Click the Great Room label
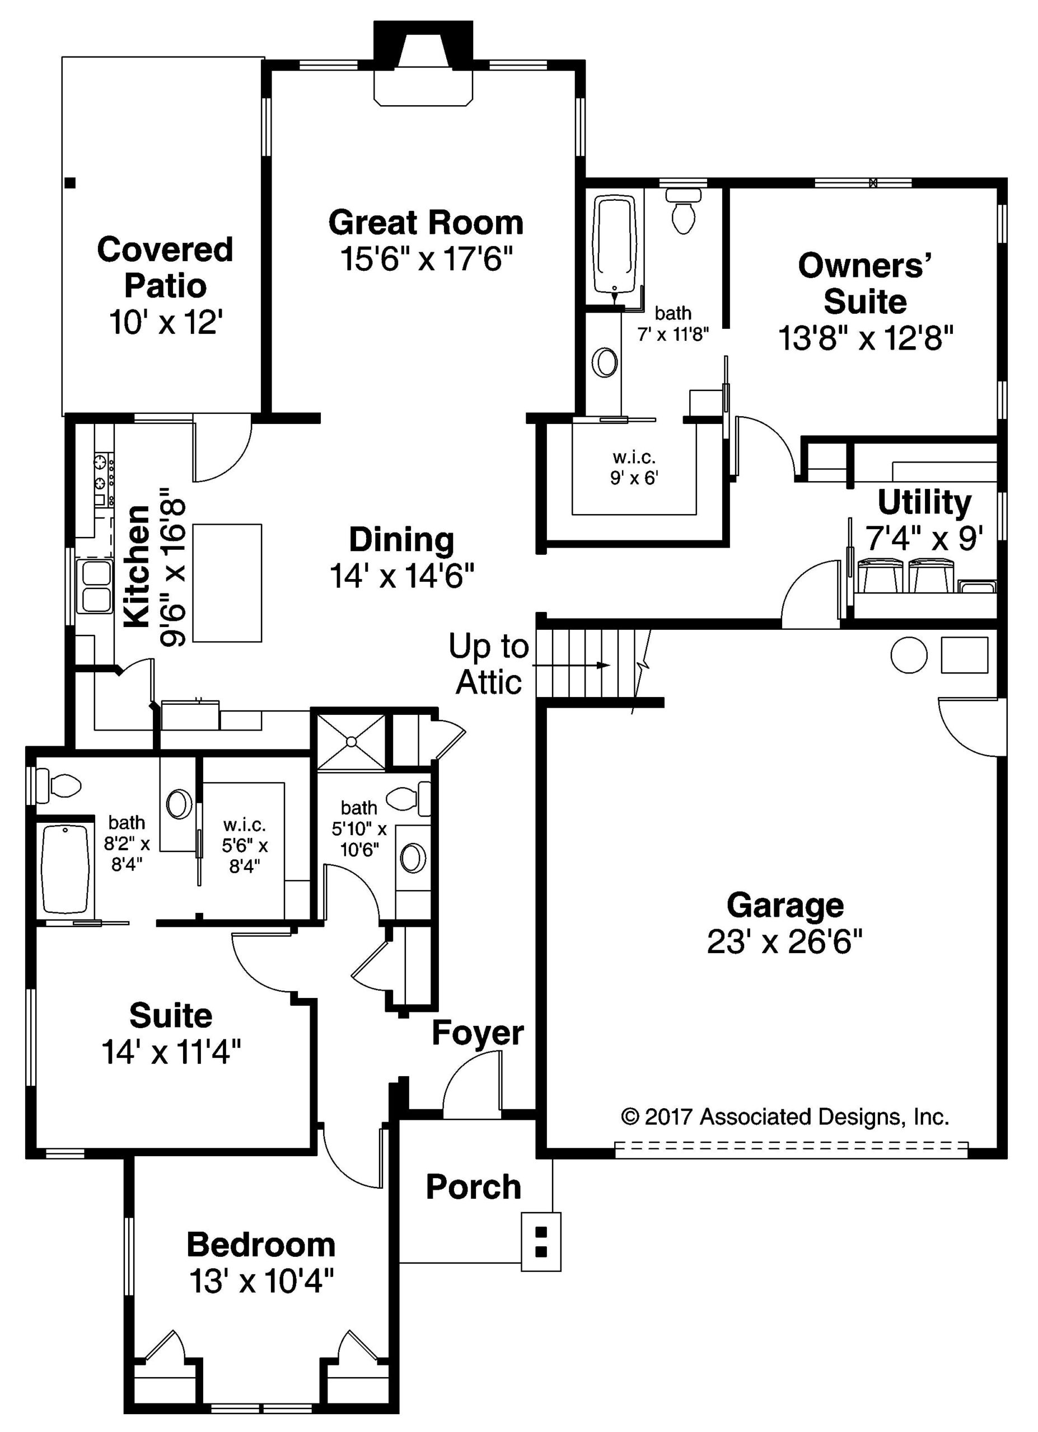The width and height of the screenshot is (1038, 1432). [x=426, y=223]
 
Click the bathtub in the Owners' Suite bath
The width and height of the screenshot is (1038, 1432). [x=614, y=246]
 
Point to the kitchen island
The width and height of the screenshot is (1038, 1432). [x=227, y=583]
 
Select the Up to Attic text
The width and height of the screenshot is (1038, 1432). [x=488, y=663]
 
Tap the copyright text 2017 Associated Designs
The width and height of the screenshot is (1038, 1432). [x=785, y=1117]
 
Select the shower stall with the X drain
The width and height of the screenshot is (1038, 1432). [x=350, y=742]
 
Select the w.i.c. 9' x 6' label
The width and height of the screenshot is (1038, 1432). [x=634, y=467]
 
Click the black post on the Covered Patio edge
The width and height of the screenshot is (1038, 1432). [x=71, y=183]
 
